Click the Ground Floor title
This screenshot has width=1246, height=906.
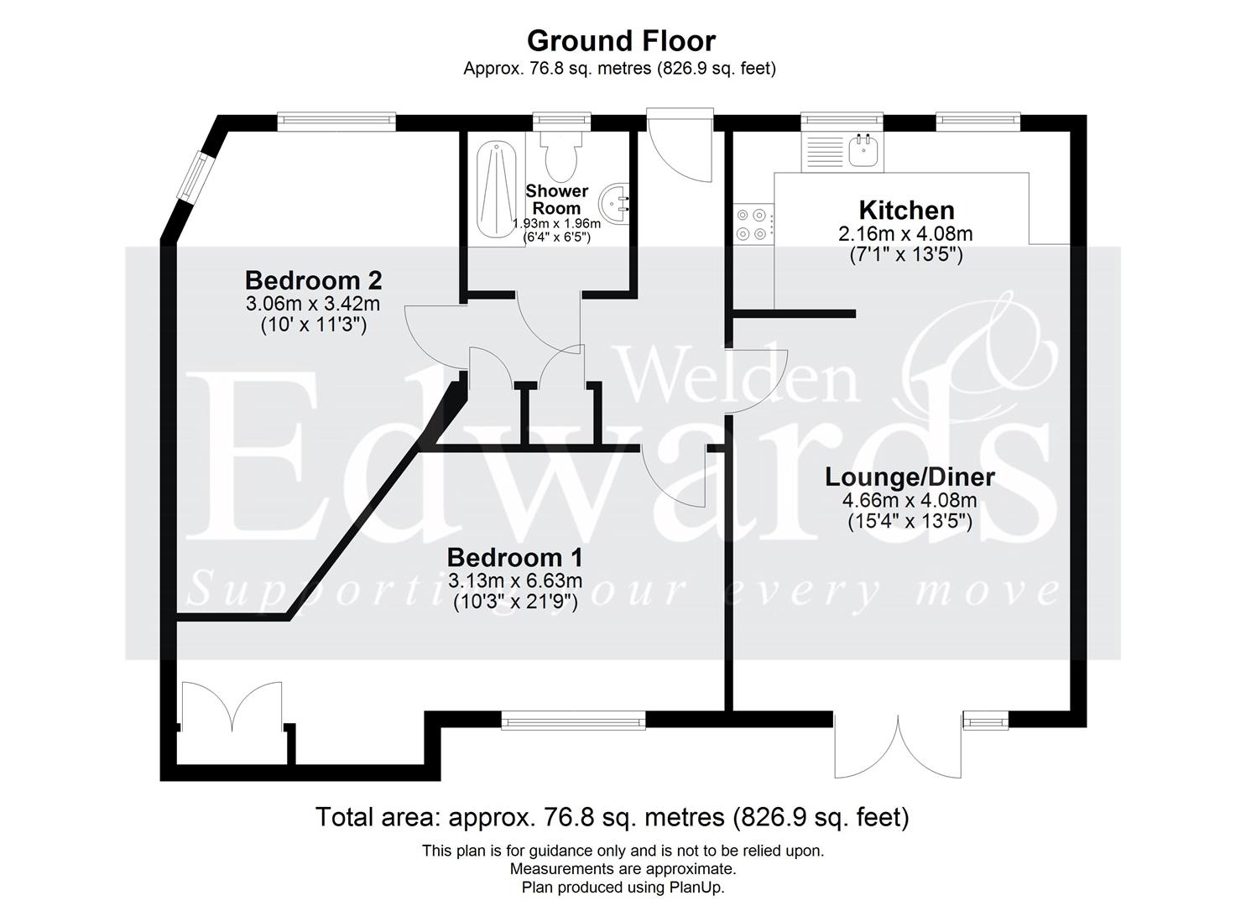621,40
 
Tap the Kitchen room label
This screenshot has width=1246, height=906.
906,210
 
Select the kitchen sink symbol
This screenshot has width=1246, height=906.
863,152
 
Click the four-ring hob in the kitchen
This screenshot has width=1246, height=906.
752,223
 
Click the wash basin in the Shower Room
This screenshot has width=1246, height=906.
615,201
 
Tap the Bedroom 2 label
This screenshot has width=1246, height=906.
314,279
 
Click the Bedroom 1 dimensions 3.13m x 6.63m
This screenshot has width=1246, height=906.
514,581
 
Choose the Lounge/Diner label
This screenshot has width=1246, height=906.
910,476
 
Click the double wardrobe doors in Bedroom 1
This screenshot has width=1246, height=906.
230,709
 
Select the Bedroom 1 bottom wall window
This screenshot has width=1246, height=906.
573,719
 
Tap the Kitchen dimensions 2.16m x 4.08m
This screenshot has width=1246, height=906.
906,234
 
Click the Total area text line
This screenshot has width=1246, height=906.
612,816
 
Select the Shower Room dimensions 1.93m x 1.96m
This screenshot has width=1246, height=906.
557,224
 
